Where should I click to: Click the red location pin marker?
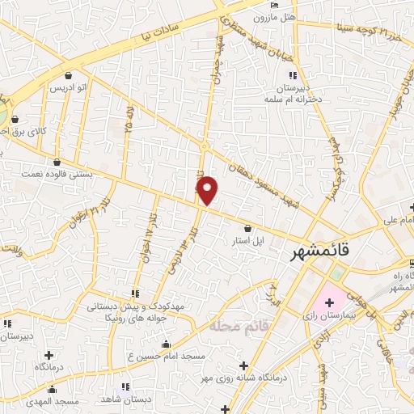point(208,190)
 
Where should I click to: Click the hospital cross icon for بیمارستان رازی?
point(329,302)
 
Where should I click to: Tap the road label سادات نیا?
point(171,31)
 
